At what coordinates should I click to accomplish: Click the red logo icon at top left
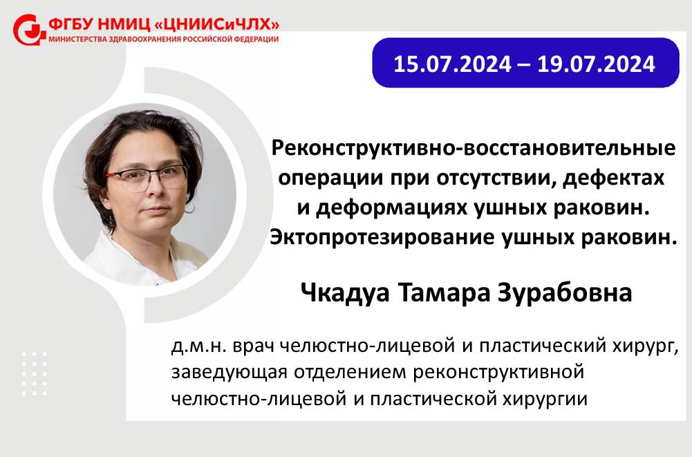coord(29,30)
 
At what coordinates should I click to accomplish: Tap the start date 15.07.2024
coord(452,64)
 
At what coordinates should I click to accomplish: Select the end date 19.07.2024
coord(596,64)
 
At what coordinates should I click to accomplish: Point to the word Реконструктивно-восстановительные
coord(473,149)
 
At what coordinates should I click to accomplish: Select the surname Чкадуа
coord(345,292)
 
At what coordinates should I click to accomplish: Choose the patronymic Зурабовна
coord(565,292)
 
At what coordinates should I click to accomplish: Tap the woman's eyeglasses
coord(147,178)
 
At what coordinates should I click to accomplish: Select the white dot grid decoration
coord(35,373)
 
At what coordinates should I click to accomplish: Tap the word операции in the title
coord(329,178)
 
